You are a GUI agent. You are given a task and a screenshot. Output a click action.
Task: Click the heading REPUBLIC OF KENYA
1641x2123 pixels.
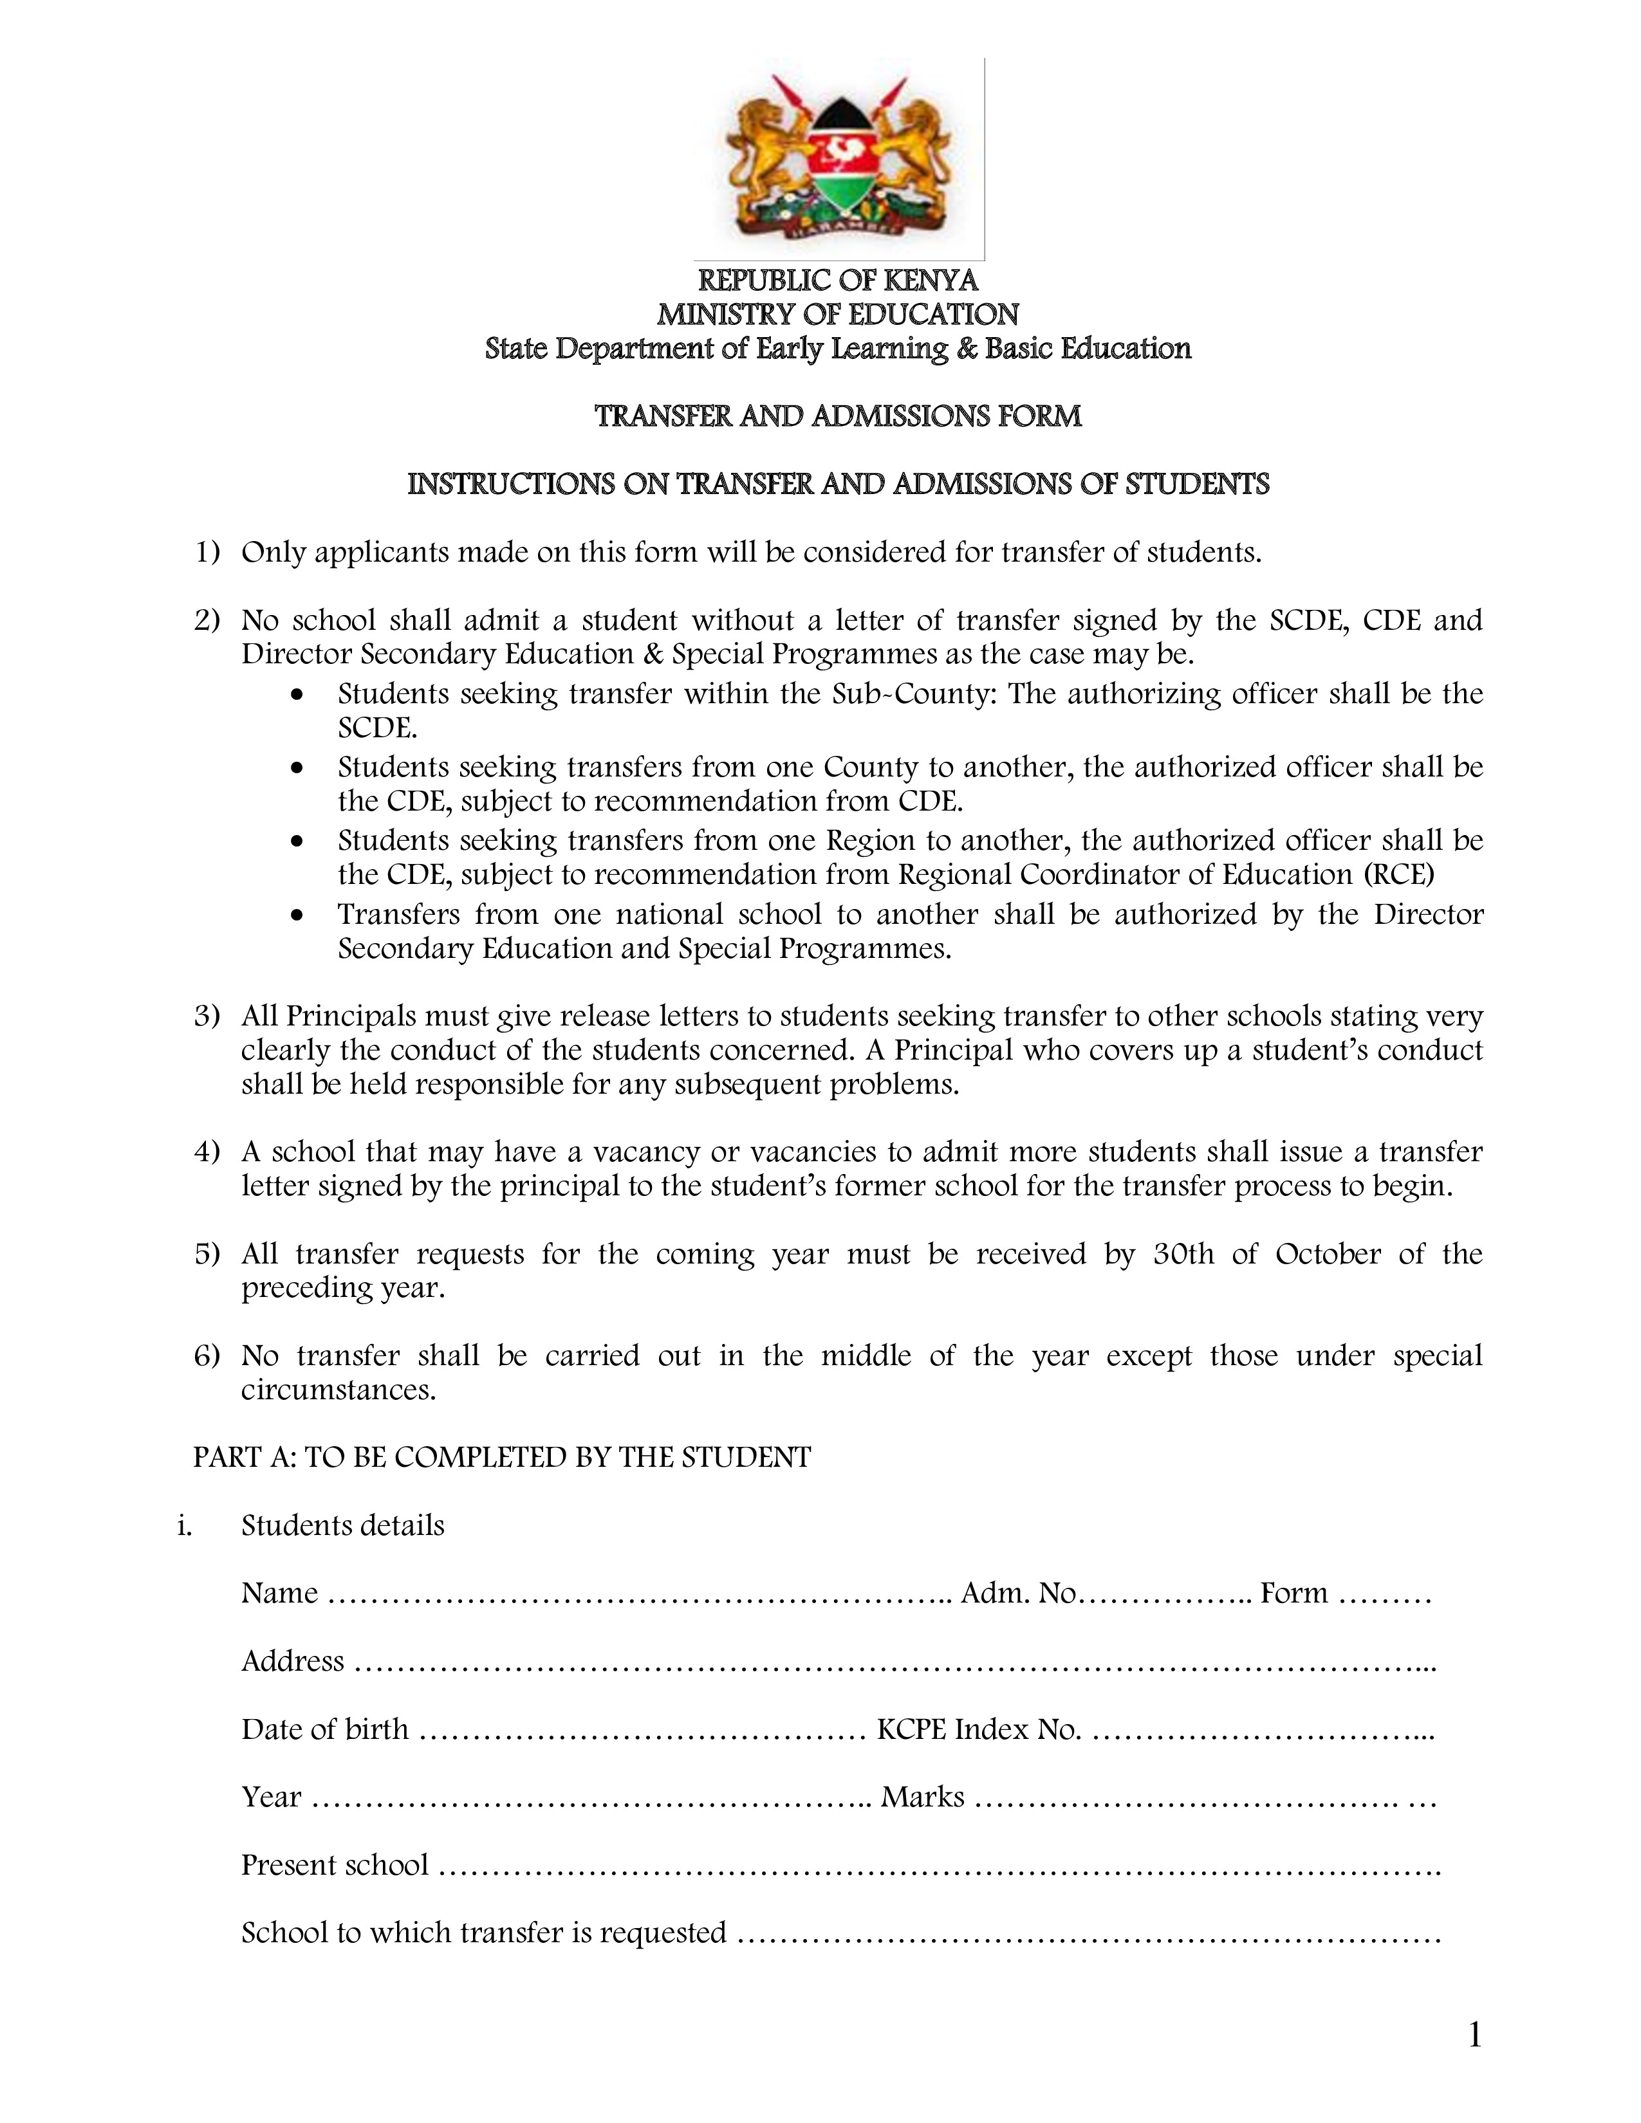[x=838, y=281]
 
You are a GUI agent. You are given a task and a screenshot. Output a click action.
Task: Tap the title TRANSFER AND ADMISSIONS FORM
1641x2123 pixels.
[x=838, y=417]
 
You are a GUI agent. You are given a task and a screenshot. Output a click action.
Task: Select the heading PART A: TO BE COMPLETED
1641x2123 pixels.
[x=502, y=1458]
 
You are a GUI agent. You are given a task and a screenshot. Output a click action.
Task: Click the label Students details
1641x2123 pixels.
[x=342, y=1526]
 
